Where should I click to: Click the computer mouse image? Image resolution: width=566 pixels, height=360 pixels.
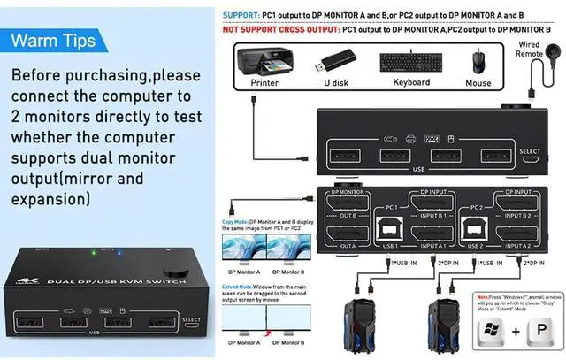pos(478,60)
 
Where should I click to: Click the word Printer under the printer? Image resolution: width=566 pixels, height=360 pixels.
pos(264,83)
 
